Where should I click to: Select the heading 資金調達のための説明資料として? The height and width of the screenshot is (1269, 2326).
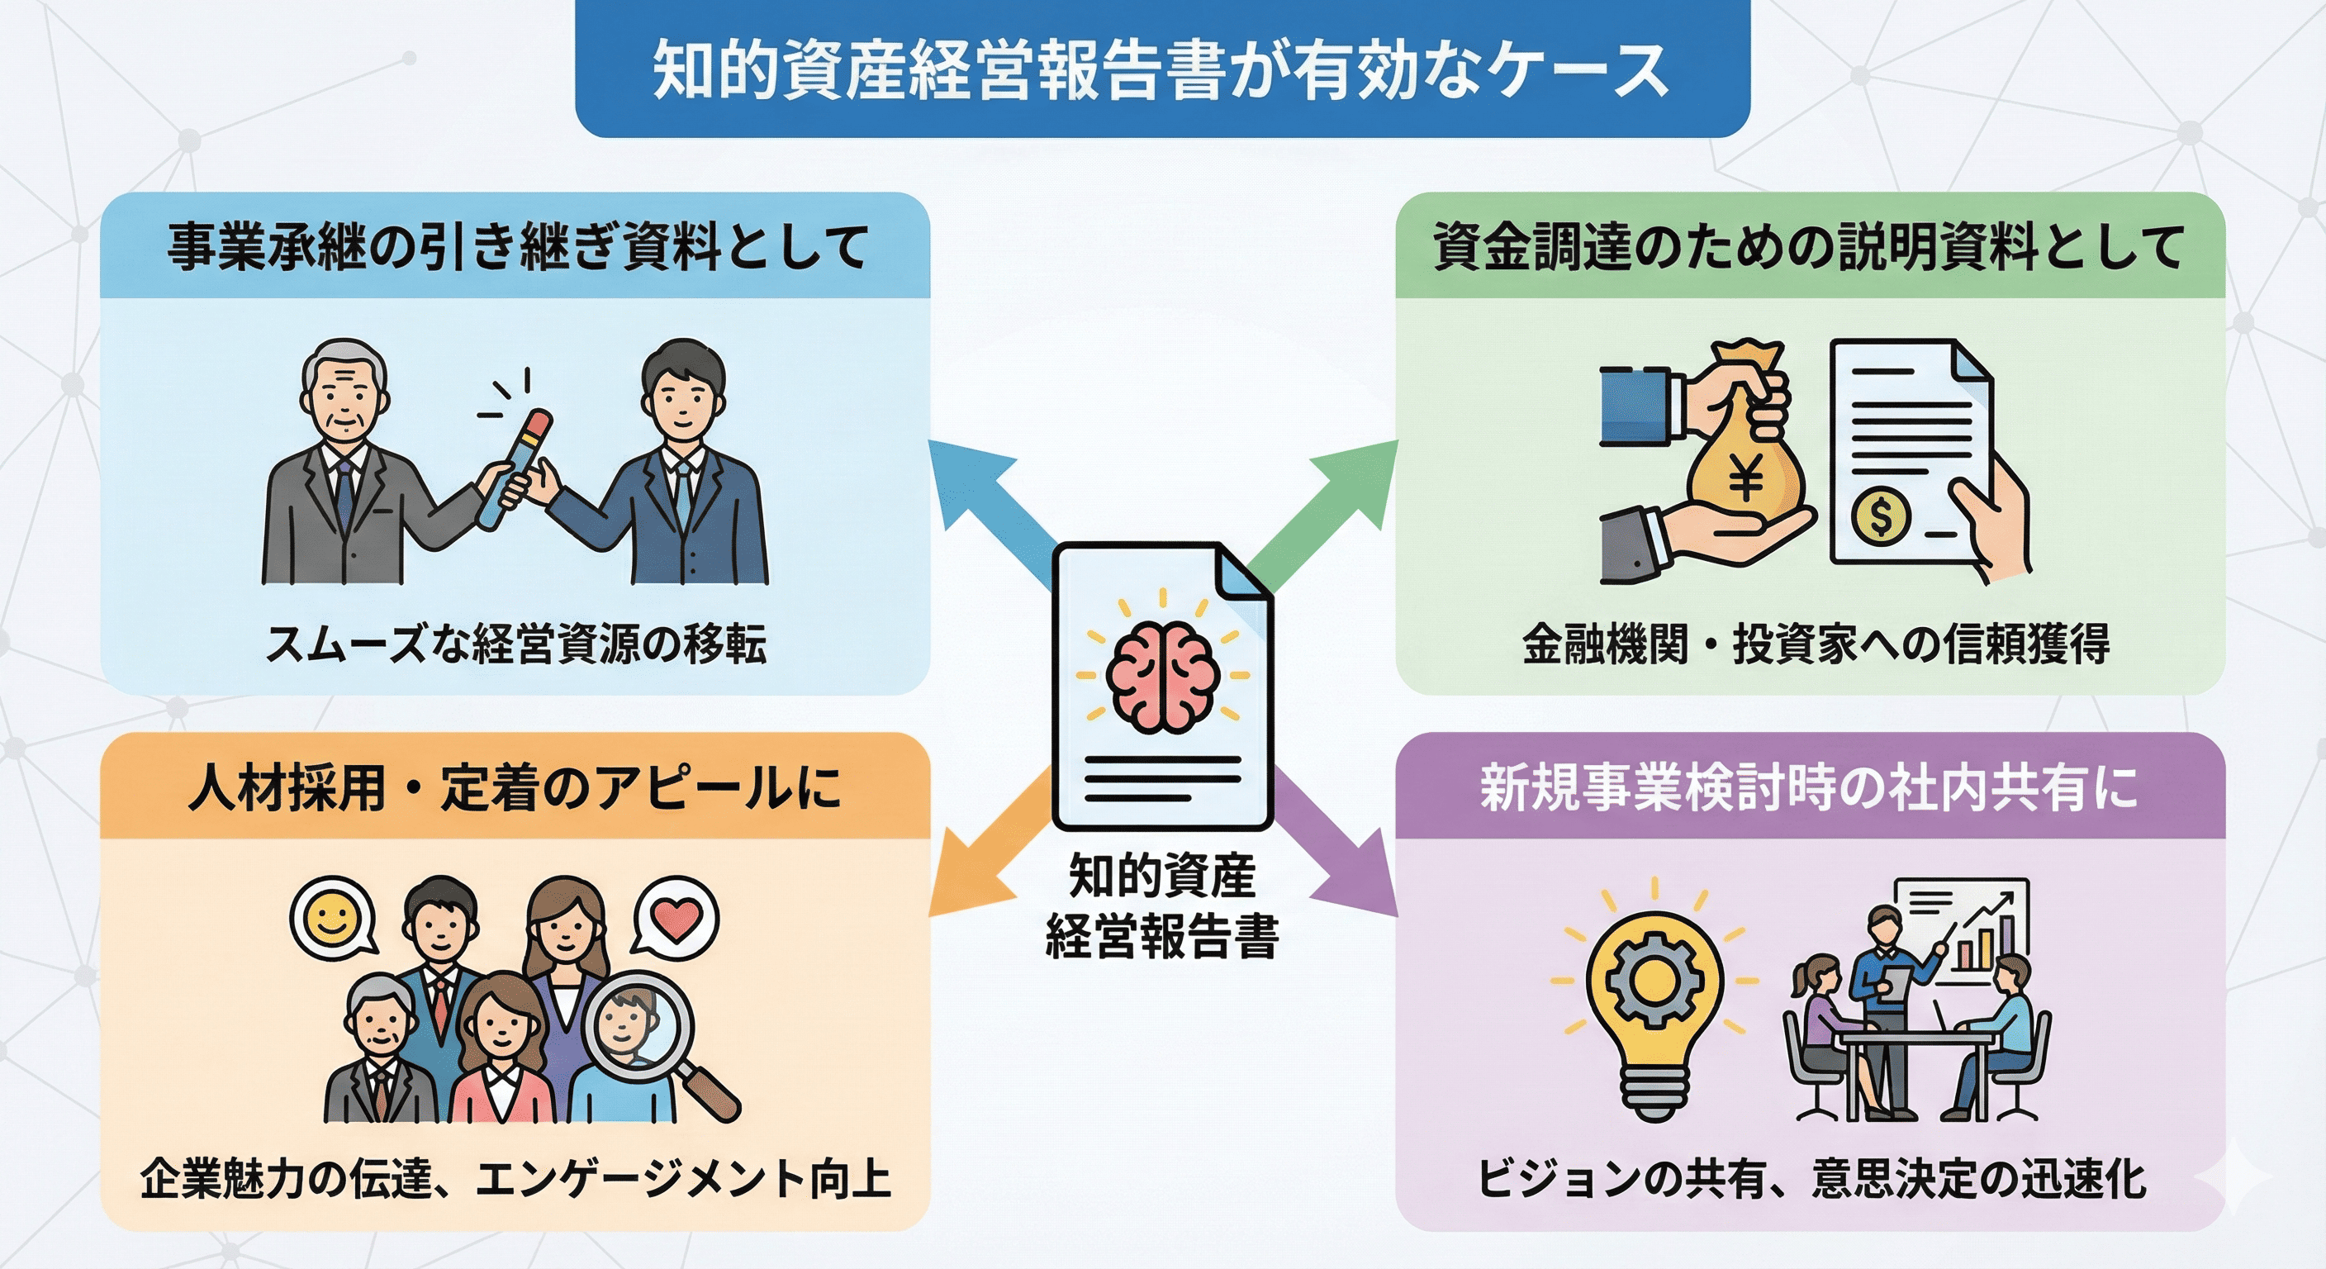pyautogui.click(x=1809, y=245)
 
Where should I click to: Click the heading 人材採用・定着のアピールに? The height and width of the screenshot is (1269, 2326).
pyautogui.click(x=515, y=787)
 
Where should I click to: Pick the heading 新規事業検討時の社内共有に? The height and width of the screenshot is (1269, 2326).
pyautogui.click(x=1809, y=787)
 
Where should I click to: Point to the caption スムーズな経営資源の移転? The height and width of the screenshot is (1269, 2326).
pyautogui.click(x=515, y=644)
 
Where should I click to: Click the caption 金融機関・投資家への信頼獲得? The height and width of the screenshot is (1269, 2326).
pyautogui.click(x=1816, y=644)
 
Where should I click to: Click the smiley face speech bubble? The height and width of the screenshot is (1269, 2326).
pyautogui.click(x=330, y=920)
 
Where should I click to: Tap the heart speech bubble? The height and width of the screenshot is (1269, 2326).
pyautogui.click(x=676, y=920)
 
